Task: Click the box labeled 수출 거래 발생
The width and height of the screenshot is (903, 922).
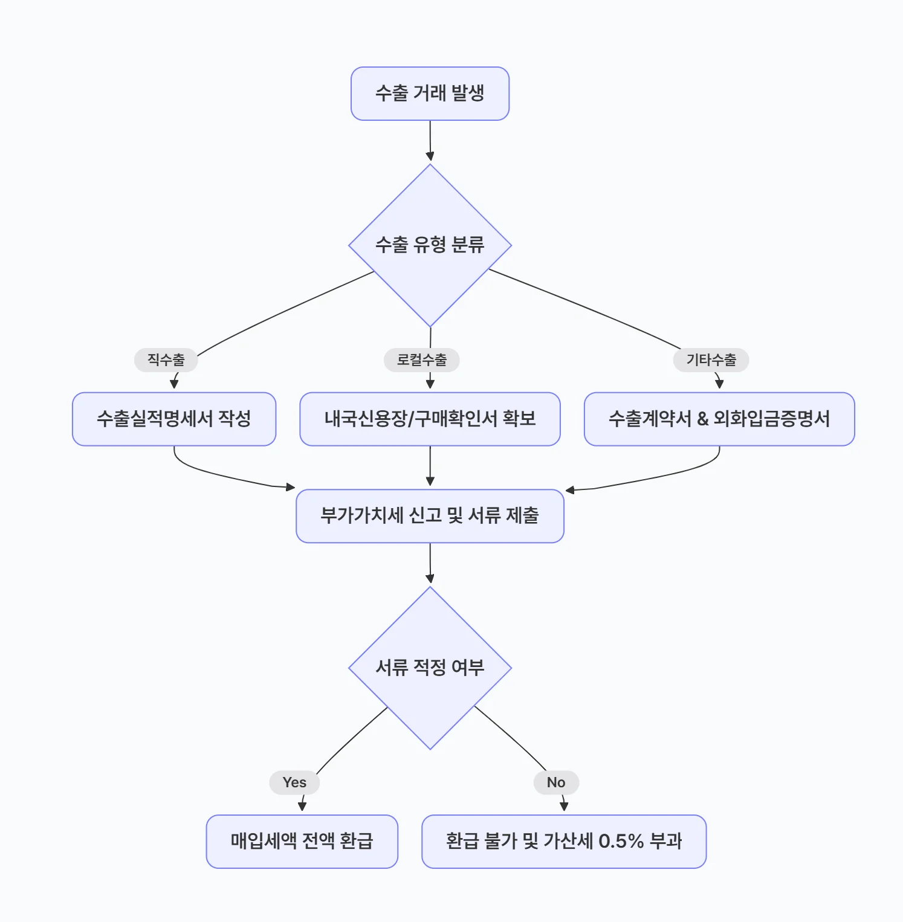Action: point(430,94)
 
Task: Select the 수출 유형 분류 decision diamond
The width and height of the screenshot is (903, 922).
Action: point(430,245)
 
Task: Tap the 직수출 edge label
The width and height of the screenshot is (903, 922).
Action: point(166,360)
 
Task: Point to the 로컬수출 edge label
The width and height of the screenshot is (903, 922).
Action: point(421,360)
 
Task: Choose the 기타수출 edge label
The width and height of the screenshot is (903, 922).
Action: point(711,360)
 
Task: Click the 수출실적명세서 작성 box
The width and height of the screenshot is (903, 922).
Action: point(174,419)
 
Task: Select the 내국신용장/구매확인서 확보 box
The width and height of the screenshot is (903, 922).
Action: point(430,419)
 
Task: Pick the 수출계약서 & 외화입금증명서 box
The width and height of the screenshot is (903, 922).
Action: point(719,419)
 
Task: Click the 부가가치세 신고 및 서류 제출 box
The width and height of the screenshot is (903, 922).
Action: point(430,516)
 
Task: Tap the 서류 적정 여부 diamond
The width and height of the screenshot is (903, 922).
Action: point(430,668)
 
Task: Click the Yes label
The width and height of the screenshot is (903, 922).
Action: point(294,782)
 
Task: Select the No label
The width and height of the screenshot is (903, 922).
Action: point(556,782)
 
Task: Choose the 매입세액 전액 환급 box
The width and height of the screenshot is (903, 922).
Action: point(302,841)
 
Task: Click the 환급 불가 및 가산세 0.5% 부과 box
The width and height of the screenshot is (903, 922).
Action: point(564,841)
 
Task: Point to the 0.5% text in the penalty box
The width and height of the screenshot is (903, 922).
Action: point(621,841)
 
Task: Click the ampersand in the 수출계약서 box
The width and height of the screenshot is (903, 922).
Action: point(702,419)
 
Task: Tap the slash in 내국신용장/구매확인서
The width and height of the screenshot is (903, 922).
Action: point(412,419)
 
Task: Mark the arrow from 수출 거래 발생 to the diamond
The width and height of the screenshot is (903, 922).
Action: point(430,142)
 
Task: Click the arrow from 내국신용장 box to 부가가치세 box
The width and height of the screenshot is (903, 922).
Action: point(430,467)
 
